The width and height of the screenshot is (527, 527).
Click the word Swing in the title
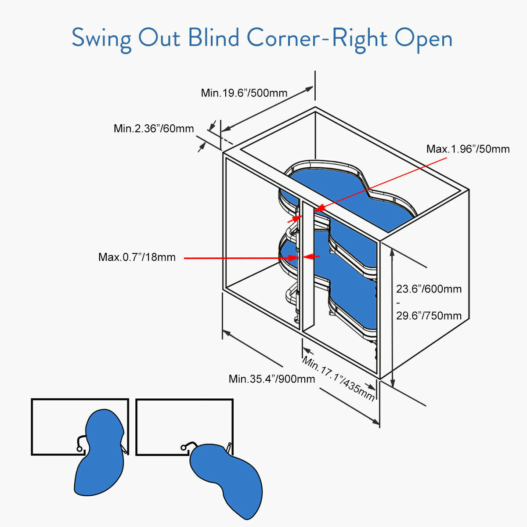[x=101, y=39]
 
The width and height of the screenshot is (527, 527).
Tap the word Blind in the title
[x=213, y=38]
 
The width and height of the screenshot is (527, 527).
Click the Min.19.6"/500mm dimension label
[x=244, y=93]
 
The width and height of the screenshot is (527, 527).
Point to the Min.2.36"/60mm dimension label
[x=154, y=129]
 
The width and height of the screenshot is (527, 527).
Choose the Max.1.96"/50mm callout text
[x=468, y=149]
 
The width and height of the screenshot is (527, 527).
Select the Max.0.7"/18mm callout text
[x=137, y=257]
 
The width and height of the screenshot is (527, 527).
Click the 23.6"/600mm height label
[x=429, y=289]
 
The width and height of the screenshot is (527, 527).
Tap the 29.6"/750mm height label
[x=429, y=315]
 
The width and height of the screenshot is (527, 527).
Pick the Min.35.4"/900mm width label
[x=272, y=379]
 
